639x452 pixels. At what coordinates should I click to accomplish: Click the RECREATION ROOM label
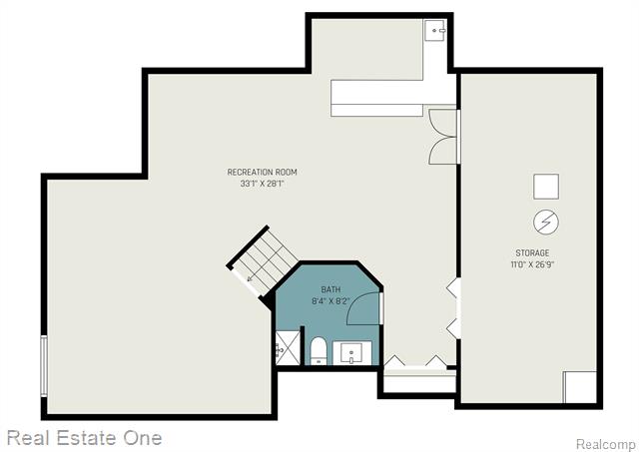click(x=262, y=172)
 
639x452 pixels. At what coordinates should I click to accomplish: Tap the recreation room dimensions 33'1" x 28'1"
click(x=262, y=184)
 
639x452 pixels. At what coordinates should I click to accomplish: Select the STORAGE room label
click(x=532, y=252)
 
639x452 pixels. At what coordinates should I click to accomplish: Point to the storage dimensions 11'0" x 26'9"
click(x=532, y=264)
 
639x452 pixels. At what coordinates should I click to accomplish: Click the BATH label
click(x=330, y=289)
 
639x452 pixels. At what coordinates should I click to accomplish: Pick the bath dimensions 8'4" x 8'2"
click(x=330, y=301)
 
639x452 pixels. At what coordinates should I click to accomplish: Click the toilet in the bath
click(x=319, y=351)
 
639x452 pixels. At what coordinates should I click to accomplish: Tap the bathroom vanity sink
click(x=351, y=353)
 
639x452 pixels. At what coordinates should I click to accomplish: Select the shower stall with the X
click(x=289, y=348)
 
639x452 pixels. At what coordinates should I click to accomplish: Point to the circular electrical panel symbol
click(x=546, y=222)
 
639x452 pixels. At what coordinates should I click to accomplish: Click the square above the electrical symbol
click(x=546, y=187)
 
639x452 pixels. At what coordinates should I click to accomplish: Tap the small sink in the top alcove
click(x=435, y=30)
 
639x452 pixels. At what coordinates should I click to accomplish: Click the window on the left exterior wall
click(x=44, y=365)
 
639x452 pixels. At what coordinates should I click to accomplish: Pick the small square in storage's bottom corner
click(x=580, y=386)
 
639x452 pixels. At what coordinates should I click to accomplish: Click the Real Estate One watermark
click(x=84, y=438)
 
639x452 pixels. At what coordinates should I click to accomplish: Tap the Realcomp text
click(x=605, y=443)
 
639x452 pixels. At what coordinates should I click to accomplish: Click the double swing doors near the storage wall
click(x=442, y=137)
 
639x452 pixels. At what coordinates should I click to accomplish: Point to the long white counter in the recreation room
click(x=377, y=98)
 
